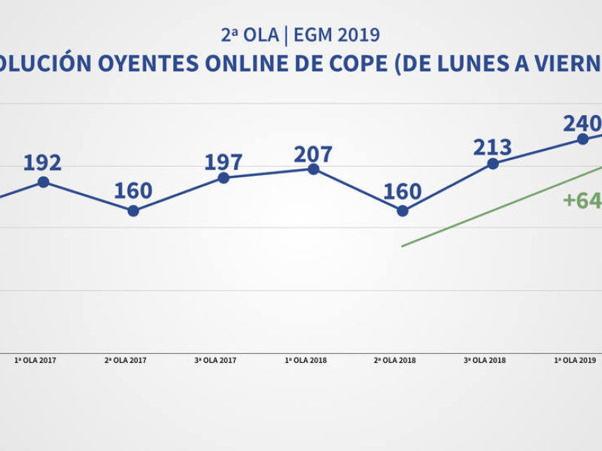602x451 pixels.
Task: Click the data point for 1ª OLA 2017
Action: (x=44, y=182)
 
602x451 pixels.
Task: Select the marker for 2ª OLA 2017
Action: (x=133, y=211)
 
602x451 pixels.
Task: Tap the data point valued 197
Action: (x=223, y=177)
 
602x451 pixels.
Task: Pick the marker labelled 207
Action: (x=314, y=169)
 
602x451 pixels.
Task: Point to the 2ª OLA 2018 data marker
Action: (x=403, y=211)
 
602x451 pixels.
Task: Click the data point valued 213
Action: (x=493, y=164)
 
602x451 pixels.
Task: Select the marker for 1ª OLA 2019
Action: (x=582, y=139)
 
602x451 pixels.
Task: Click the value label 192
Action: (x=42, y=163)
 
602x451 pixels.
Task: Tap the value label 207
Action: (x=313, y=154)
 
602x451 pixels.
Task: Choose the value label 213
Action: (x=492, y=147)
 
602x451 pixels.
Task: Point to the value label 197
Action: (x=223, y=162)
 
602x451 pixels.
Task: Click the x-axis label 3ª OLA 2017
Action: (x=215, y=361)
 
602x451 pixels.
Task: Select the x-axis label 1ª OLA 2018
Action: (x=306, y=361)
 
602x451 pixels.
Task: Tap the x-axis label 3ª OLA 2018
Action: (x=485, y=361)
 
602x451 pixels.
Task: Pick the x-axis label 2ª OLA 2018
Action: (x=395, y=361)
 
